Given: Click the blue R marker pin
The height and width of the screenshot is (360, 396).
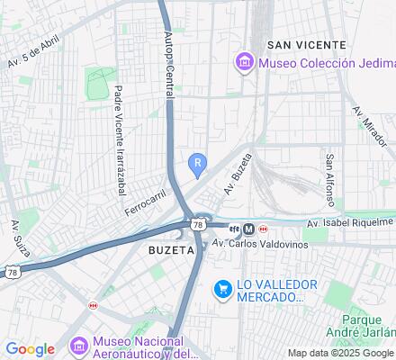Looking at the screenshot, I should (198, 164).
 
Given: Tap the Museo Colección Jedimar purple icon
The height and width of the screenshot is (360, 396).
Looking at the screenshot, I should (243, 62).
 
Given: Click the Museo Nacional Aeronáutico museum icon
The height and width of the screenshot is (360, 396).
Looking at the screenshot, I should (78, 346).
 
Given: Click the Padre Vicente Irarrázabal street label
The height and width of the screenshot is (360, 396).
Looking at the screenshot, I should (119, 140).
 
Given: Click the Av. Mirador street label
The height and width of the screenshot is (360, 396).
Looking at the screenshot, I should (370, 127).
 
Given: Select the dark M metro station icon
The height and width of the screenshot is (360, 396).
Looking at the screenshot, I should (248, 229).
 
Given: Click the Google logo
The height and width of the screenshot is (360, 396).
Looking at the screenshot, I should (30, 348).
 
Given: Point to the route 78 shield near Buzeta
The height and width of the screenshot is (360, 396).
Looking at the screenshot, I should (197, 224).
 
